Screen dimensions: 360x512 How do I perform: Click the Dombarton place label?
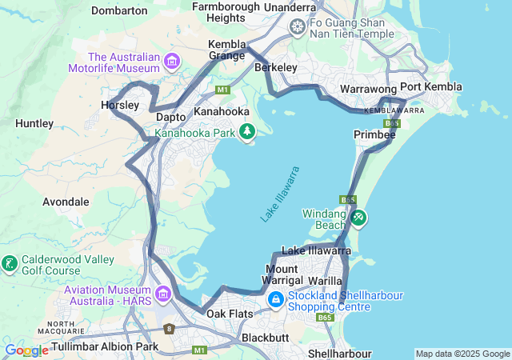pos(119,10)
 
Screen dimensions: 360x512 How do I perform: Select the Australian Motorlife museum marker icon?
pos(171,62)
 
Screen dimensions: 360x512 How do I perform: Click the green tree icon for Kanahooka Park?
pos(248,131)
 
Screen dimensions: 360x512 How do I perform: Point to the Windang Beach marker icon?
pos(358,218)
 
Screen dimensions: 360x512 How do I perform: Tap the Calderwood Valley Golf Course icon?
pos(10,264)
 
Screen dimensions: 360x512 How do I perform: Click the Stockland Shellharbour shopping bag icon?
pos(275,300)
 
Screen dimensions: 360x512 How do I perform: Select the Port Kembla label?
pos(431,87)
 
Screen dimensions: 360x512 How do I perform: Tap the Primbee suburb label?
pos(374,135)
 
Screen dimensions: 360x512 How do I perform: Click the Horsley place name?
pos(120,105)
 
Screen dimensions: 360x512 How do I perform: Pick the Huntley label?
pos(34,123)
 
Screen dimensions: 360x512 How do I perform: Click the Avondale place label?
pos(66,202)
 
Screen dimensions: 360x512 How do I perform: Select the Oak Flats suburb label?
pos(230,314)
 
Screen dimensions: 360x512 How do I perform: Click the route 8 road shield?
pos(169,328)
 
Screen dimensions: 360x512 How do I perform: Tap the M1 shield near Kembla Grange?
pos(222,89)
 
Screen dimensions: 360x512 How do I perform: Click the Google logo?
pos(26,350)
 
